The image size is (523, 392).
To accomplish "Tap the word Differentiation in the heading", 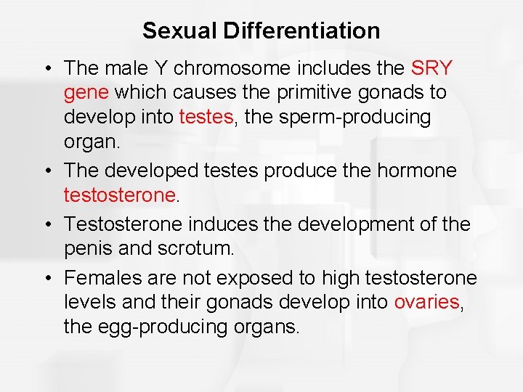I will (x=301, y=30).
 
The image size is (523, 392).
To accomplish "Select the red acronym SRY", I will (x=431, y=69).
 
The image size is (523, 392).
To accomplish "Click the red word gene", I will (x=87, y=93).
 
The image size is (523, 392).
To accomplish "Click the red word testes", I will (x=206, y=117).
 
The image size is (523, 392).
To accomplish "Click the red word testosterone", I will (x=120, y=195).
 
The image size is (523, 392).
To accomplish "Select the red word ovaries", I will (x=427, y=302).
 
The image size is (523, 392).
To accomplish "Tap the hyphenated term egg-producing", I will (x=156, y=326).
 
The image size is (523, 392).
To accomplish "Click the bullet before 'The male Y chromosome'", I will (x=46, y=69).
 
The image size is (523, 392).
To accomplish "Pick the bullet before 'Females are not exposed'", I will (x=46, y=278).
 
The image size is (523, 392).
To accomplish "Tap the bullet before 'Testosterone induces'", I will (x=46, y=224).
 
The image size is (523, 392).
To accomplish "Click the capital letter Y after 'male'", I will (x=161, y=69).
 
